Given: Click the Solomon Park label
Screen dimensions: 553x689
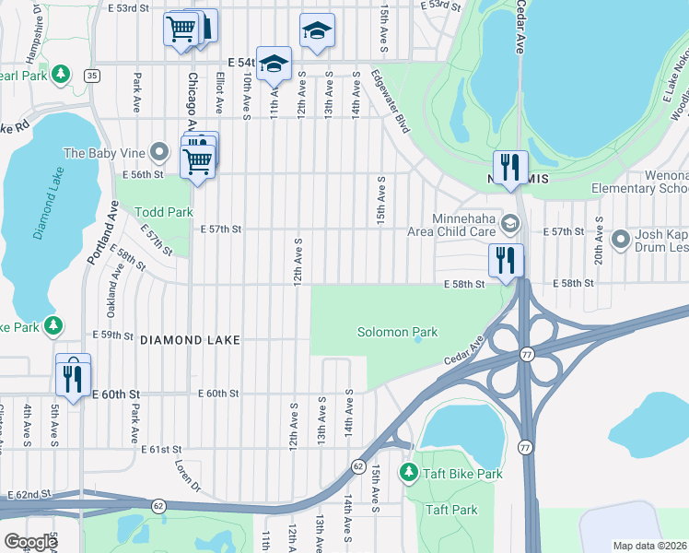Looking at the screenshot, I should [397, 332].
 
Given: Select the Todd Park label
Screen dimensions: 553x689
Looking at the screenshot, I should [164, 212].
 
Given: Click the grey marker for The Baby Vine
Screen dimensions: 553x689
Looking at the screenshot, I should [160, 151].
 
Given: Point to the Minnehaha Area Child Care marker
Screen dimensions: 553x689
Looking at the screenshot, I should [511, 224].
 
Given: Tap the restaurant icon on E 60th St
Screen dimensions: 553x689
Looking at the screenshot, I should [73, 374].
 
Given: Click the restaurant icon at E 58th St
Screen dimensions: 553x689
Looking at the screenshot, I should [506, 261].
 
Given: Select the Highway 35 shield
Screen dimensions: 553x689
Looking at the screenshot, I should [90, 75].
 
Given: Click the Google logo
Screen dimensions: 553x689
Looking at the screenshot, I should [29, 541].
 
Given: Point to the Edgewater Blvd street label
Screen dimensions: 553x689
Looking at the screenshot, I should [391, 102].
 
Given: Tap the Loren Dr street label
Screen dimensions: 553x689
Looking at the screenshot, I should [189, 470].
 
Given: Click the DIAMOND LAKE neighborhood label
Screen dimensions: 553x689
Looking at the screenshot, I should [191, 340].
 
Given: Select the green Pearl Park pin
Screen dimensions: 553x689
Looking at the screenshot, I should [61, 73].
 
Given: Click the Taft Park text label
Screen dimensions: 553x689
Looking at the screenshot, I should [451, 510].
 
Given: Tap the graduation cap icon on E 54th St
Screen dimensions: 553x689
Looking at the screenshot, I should [274, 65].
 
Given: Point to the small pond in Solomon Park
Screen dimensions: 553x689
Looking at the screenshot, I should [418, 339].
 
